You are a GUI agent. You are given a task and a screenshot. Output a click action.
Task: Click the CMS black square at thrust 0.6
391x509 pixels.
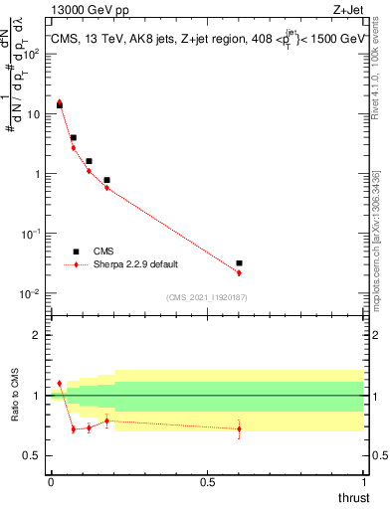point(239,263)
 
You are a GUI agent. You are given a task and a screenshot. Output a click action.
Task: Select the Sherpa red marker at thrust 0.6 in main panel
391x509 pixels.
point(239,272)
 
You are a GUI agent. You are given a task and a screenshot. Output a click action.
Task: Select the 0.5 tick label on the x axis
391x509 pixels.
point(207,481)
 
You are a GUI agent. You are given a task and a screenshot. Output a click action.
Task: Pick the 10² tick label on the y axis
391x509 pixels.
point(31,54)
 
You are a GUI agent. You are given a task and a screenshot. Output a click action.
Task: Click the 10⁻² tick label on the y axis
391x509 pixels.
point(31,293)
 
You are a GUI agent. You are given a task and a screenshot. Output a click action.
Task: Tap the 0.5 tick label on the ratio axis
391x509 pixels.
point(34,456)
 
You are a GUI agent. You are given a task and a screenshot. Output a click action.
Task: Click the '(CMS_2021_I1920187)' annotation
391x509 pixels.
point(206,296)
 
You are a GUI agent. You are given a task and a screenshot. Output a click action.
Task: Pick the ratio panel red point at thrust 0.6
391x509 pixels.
point(239,428)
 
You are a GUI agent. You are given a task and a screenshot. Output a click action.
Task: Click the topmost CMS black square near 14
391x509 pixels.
point(59,104)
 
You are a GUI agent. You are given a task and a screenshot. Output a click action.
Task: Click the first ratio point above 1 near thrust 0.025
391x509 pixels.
point(59,383)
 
